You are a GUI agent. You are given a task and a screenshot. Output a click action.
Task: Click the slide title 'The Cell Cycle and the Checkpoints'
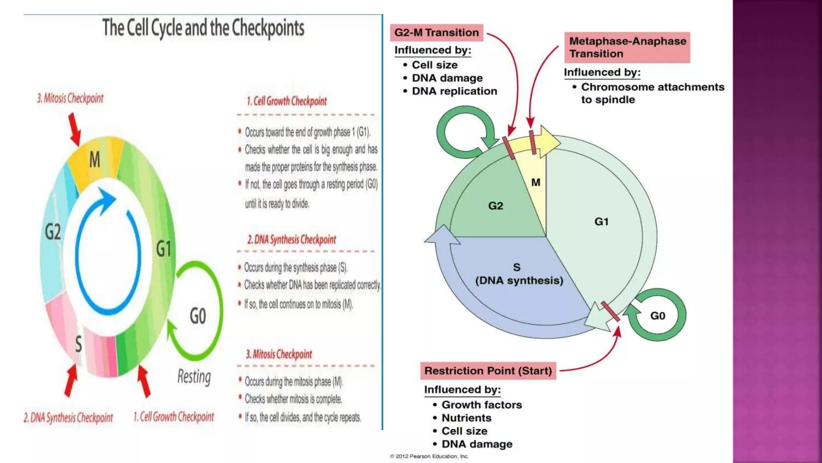coord(203,28)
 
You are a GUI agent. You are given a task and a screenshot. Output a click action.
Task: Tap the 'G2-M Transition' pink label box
coord(436,33)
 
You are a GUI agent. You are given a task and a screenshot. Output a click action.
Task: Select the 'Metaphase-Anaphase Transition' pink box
coord(627,47)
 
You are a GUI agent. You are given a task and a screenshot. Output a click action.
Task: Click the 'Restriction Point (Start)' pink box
coord(488,371)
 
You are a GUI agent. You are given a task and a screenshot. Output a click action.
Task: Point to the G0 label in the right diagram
coord(657,316)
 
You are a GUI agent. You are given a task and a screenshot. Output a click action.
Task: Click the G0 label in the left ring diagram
coord(198,316)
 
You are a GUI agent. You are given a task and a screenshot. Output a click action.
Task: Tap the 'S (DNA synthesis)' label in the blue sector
coord(519,274)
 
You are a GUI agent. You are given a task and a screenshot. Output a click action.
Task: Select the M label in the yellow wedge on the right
coord(535,182)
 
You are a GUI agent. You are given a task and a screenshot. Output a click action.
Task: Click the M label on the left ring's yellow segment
coord(94,160)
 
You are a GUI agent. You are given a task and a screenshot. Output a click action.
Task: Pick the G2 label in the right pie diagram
coord(495,206)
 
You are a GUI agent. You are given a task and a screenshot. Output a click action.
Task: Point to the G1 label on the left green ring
coord(164,249)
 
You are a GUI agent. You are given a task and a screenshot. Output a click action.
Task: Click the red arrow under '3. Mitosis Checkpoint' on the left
coord(74,129)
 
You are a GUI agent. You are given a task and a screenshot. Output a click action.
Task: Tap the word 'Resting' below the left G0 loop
coord(194,377)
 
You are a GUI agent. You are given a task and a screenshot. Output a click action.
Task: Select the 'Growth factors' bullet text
coord(482,405)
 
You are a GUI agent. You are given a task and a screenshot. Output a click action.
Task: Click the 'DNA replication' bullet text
coord(454,91)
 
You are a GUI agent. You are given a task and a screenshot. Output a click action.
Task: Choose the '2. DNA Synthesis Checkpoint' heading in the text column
coord(292,240)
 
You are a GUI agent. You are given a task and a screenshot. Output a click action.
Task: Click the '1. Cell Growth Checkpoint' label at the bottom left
coord(174,417)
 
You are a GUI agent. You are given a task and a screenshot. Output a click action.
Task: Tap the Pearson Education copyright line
coord(429,456)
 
